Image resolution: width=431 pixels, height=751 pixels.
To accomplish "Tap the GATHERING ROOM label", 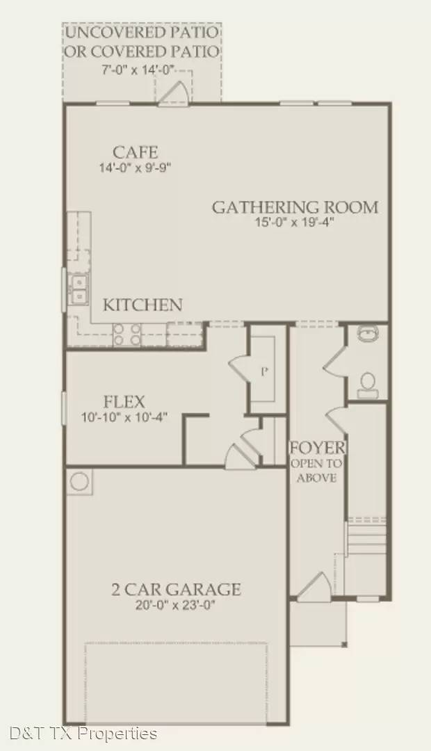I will click(295, 207).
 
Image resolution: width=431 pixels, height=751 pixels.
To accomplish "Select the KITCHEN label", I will click(143, 305).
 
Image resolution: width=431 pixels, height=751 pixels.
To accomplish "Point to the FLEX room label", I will click(124, 402).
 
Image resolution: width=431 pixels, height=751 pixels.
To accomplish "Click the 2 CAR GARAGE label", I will click(176, 590).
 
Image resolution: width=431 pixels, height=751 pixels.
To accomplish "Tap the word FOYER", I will click(317, 447).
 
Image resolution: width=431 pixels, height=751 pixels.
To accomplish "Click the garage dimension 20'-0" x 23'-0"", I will click(176, 605).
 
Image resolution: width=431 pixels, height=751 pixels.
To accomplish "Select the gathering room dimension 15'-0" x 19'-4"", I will click(295, 223).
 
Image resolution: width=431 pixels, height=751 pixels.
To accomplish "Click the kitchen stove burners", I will click(127, 334).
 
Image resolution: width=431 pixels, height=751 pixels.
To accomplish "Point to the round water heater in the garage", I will click(79, 481).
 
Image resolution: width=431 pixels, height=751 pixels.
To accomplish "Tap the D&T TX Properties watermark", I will click(83, 733).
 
